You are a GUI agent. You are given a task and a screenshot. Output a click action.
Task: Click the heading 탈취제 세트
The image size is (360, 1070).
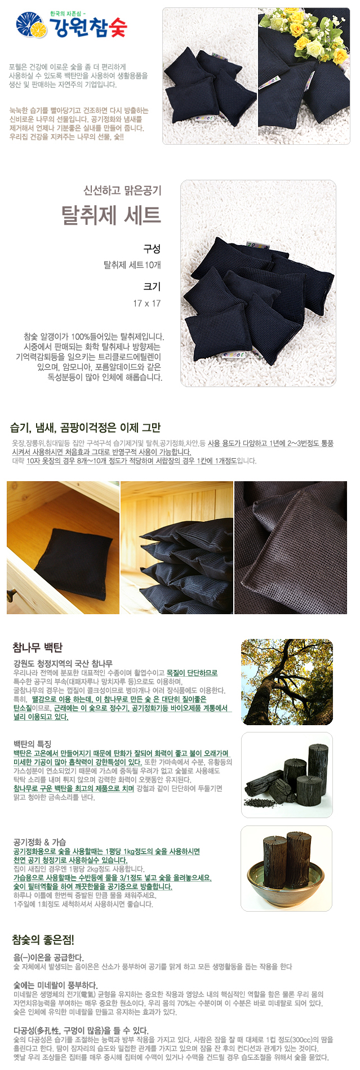pos(111,215)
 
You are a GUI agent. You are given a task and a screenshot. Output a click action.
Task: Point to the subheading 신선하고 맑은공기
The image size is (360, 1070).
pos(122,190)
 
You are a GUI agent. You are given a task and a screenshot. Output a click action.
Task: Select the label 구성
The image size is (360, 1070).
pos(152,249)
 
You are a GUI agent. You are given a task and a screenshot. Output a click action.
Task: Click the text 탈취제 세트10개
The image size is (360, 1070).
pos(132,265)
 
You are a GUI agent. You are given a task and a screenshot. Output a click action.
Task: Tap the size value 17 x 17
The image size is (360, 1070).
pos(147,303)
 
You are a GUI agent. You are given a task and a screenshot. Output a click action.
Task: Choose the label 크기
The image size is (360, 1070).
pos(152,286)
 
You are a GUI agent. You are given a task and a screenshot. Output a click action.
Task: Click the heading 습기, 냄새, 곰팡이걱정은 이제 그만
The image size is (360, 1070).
pos(85,428)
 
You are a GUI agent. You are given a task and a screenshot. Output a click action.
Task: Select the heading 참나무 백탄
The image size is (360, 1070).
pos(38,647)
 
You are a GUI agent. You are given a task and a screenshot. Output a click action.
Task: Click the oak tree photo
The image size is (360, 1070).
pos(287,682)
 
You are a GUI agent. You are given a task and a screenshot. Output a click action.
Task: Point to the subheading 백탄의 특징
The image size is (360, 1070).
pos(32,744)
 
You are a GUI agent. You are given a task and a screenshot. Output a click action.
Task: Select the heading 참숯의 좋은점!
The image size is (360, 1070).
pos(43,940)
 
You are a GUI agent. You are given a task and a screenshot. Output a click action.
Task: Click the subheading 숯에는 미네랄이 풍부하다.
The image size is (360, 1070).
pos(55,985)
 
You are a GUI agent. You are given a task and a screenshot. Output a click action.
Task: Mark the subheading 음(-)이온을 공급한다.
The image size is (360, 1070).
pos(48,957)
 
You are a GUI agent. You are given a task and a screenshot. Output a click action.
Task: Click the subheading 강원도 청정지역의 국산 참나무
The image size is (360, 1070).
pos(63,664)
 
